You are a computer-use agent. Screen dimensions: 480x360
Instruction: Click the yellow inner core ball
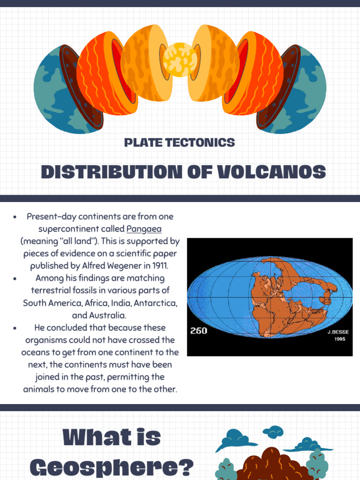[x=180, y=60]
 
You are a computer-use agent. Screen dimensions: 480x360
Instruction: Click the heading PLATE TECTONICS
[x=180, y=142]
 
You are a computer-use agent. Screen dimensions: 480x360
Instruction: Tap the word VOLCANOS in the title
[x=272, y=172]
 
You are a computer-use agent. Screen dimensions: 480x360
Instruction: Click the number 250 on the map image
[x=198, y=331]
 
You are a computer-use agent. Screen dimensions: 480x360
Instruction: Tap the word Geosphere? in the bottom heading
[x=112, y=467]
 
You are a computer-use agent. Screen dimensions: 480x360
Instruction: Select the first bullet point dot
[x=15, y=217]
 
